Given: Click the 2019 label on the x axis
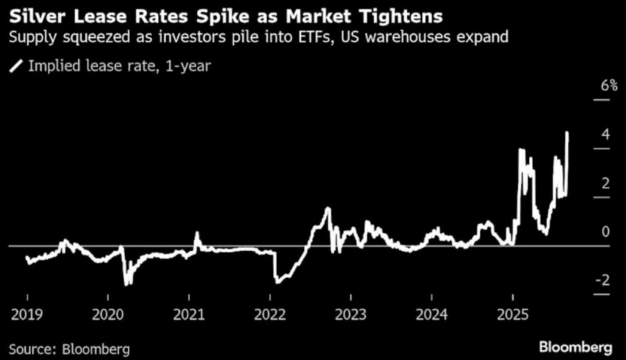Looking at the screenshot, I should click(x=27, y=315).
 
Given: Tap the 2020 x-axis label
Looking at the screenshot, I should click(x=108, y=315).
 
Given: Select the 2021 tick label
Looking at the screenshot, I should click(x=189, y=315).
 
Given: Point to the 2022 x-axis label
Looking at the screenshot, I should click(x=270, y=315).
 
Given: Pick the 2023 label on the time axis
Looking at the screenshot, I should click(x=350, y=315).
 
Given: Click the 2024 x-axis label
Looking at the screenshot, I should click(x=432, y=315).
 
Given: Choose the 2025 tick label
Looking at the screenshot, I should click(x=512, y=315).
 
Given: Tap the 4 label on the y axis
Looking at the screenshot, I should click(x=605, y=134).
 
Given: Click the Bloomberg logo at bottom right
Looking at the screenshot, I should click(x=575, y=348).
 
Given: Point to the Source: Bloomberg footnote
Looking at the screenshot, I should click(x=69, y=349).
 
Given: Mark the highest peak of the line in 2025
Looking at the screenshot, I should click(x=568, y=133).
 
